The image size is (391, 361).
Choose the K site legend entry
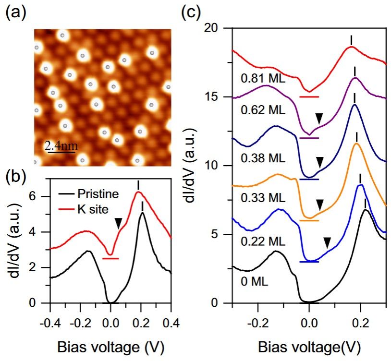92,209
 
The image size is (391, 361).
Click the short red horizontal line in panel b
110,258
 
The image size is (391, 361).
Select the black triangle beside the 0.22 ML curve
327,242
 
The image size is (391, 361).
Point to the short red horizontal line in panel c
309,96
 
